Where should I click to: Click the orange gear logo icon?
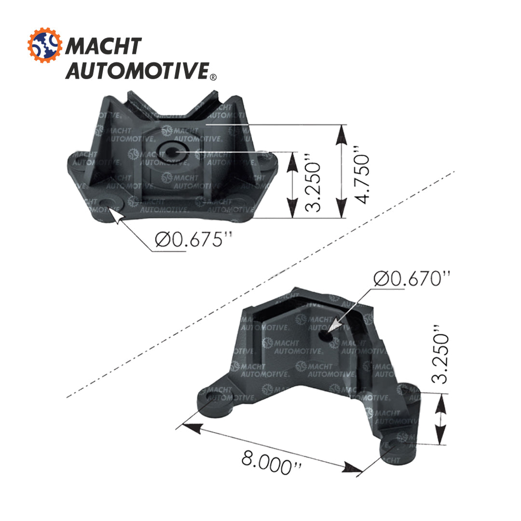click(x=45, y=46)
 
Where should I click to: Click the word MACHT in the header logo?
click(x=103, y=46)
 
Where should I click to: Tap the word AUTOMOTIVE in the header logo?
click(x=137, y=70)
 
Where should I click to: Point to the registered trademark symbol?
click(x=213, y=77)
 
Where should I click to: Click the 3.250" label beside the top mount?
click(x=314, y=185)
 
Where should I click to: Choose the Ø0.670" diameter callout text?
click(x=412, y=278)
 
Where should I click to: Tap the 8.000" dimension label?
click(x=272, y=462)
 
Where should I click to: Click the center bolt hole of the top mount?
click(x=172, y=151)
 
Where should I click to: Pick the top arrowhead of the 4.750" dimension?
click(x=342, y=133)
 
